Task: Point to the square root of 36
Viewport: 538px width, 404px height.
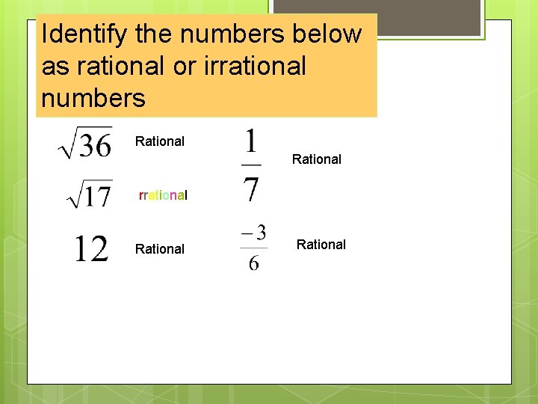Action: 85,142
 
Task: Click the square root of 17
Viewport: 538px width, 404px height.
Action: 90,195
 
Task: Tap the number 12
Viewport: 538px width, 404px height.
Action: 90,248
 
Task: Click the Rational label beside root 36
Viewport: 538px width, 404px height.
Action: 160,141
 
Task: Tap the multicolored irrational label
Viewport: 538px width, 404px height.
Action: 163,195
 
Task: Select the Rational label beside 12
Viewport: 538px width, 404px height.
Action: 160,249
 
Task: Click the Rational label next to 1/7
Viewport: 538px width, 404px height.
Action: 317,159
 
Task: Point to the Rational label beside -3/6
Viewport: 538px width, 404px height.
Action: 321,245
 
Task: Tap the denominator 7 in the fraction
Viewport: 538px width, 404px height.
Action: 252,188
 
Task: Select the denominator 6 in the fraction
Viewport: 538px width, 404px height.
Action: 254,263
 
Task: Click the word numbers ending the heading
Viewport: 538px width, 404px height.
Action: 93,98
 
